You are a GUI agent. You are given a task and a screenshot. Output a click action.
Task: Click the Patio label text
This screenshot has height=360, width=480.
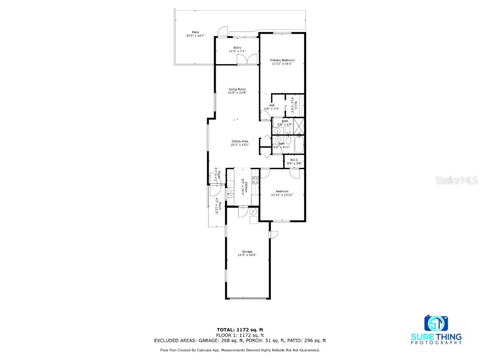188,32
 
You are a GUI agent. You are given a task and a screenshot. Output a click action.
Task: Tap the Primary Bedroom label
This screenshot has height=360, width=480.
282,60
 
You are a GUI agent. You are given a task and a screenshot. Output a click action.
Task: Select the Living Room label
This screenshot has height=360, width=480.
237,89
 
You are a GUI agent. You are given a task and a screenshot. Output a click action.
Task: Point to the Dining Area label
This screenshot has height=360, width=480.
240,141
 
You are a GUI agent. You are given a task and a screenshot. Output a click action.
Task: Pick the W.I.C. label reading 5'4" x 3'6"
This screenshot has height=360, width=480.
294,163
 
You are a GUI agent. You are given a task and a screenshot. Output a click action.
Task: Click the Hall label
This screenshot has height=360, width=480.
271,105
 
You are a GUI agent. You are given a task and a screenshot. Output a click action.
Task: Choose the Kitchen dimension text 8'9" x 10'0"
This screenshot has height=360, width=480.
242,187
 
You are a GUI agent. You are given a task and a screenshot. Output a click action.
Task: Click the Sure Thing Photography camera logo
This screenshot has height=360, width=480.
436,323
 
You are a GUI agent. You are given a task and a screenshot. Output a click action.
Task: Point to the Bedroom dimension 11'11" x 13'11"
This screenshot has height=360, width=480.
282,195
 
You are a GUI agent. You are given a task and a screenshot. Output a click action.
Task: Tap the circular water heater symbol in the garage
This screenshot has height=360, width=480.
253,211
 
